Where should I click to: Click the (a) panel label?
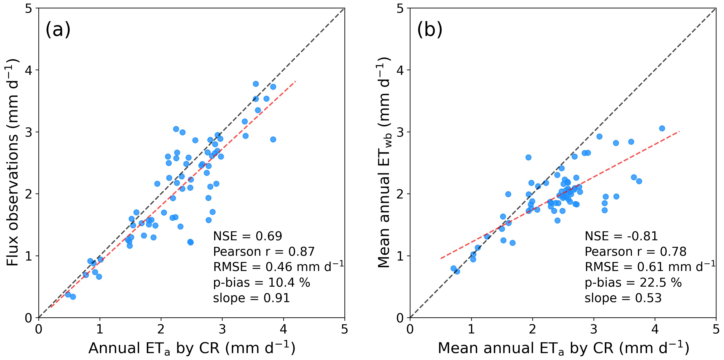point(58,29)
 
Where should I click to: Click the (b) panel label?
point(429,29)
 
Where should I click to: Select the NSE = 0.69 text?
point(247,236)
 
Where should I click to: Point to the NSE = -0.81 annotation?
point(621,236)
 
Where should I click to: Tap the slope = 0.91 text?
point(251,298)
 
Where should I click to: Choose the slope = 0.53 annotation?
point(623,298)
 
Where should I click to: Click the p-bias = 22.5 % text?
point(633,283)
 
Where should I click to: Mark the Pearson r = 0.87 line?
point(264,252)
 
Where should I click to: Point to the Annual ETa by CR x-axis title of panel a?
point(192,348)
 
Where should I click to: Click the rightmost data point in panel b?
point(662,128)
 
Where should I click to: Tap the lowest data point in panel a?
point(73,297)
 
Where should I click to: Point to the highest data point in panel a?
point(256,84)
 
